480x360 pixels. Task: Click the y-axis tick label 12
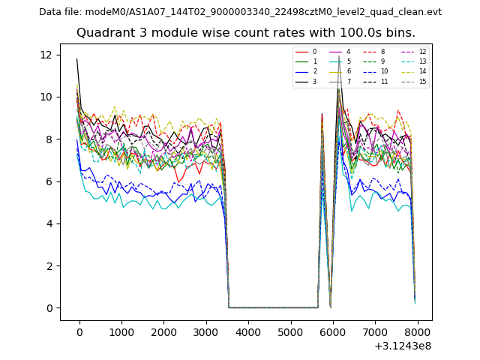tap(46, 55)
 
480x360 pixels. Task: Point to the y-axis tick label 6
tap(49, 181)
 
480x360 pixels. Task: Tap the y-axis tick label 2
tap(49, 266)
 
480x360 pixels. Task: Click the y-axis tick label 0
tap(49, 308)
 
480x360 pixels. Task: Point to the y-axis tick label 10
tap(46, 97)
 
